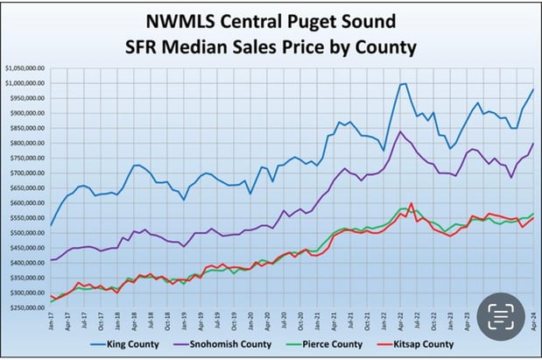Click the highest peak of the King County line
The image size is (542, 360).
point(403,84)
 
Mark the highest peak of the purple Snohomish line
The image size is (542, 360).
point(400,132)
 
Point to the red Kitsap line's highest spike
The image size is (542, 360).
point(411,203)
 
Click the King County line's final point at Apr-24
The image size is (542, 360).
point(533,89)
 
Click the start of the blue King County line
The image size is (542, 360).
point(52,225)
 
